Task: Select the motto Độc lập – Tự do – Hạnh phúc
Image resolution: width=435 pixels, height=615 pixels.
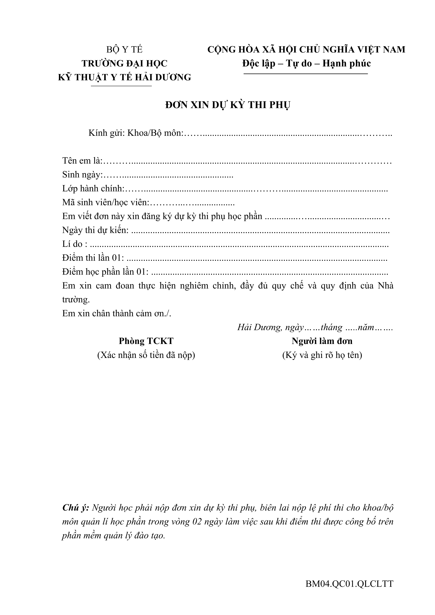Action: coord(306,63)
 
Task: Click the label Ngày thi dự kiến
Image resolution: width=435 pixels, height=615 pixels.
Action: coord(95,230)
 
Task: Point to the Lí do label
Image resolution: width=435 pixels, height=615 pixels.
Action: coord(74,244)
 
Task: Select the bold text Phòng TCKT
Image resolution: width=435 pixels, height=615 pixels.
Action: coord(146,341)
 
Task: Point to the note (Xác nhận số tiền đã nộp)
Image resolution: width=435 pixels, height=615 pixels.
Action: coord(146,355)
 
